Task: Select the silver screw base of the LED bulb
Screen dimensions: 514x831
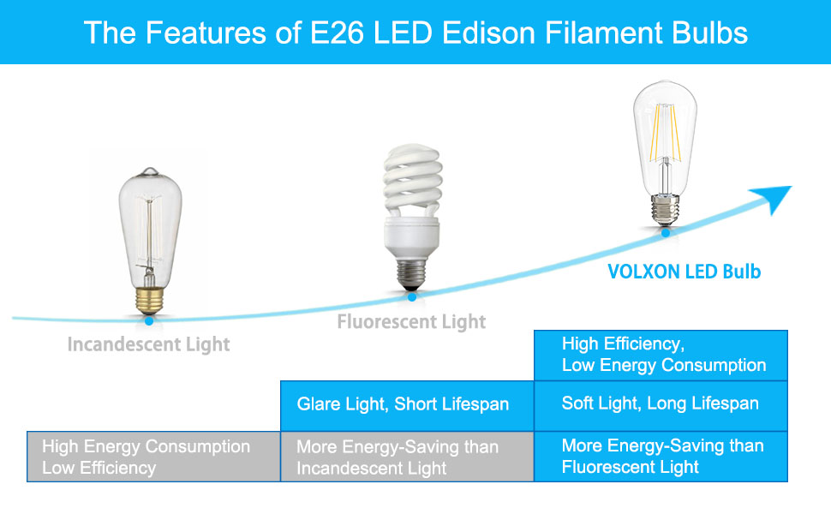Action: coord(664,208)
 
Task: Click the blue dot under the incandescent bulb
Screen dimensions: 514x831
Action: coord(149,320)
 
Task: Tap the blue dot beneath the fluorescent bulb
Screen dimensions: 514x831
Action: coord(412,296)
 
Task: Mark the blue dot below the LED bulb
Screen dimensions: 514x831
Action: coord(665,231)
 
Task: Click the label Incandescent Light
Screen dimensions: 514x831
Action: coord(149,345)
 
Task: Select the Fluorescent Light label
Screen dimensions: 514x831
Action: coord(411,322)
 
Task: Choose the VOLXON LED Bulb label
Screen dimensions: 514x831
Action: coord(684,272)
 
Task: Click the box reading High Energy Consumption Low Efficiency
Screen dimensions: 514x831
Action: coord(153,457)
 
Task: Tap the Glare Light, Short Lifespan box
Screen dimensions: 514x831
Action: coord(407,404)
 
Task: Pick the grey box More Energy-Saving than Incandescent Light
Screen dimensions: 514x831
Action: coord(407,457)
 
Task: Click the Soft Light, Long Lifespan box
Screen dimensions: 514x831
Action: coord(661,404)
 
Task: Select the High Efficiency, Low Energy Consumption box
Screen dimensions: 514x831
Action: coord(661,355)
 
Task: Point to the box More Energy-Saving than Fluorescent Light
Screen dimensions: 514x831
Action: coord(661,457)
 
